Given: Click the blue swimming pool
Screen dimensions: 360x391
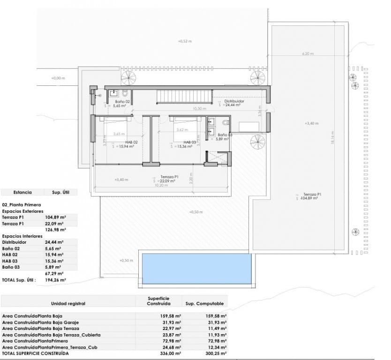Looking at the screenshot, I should (x=195, y=269).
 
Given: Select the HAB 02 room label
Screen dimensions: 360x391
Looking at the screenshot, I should (x=131, y=142).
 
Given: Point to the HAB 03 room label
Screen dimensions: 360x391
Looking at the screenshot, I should (x=189, y=142).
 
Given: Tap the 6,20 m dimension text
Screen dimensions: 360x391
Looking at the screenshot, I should (x=308, y=54).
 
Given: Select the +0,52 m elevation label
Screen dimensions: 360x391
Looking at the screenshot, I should (x=185, y=41).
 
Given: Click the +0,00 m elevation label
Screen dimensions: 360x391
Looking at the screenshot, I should (x=58, y=78).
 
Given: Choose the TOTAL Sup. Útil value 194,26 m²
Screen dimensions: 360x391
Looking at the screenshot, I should (x=56, y=280).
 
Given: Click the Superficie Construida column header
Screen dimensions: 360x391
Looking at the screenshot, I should (x=158, y=301).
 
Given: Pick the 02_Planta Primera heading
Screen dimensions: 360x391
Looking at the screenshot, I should (x=22, y=205).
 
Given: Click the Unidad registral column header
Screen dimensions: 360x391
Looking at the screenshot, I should (x=68, y=304).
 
